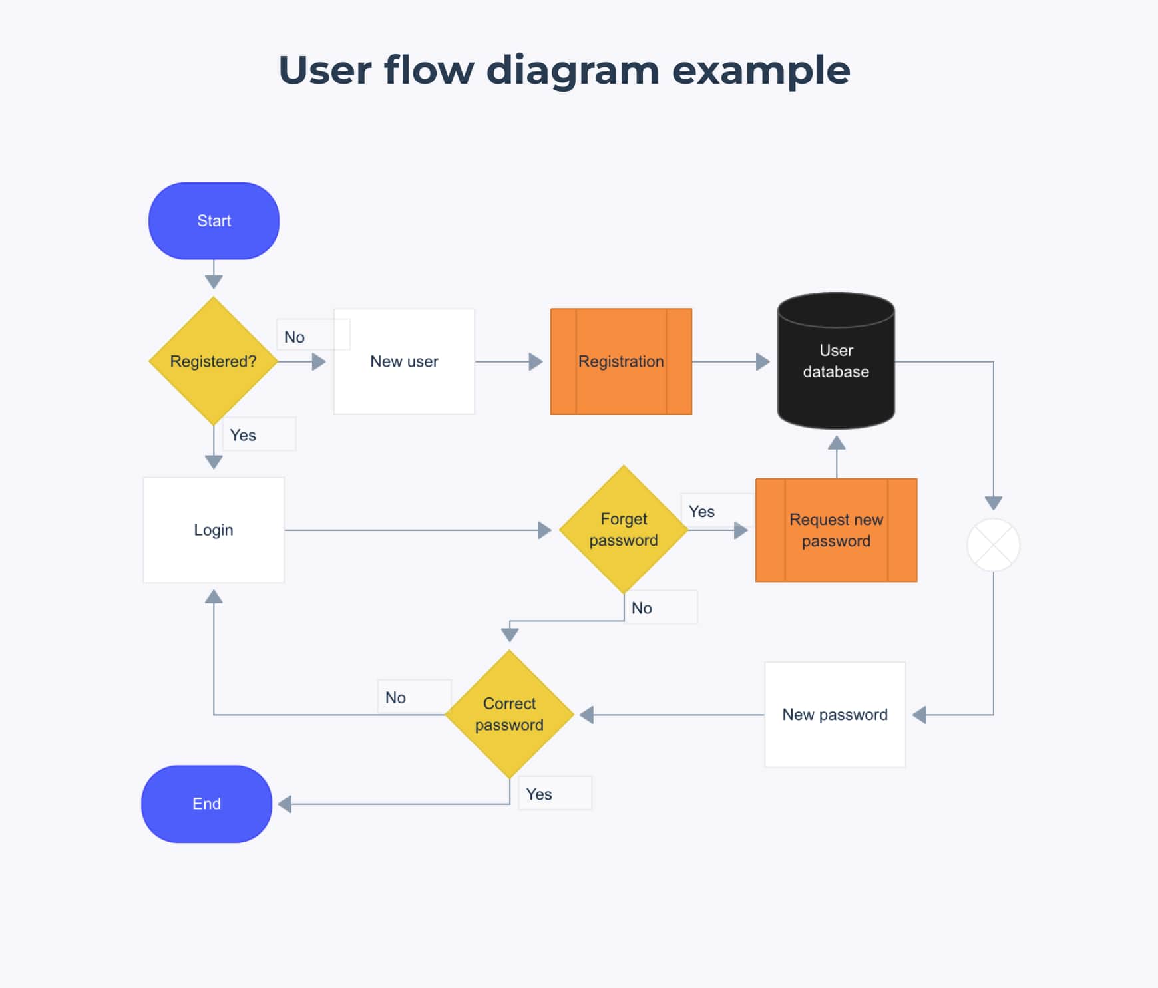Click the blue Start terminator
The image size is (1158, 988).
pos(214,221)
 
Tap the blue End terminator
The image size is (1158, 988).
pos(206,804)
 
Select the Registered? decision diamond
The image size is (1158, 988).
pos(213,361)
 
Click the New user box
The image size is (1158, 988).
pos(404,361)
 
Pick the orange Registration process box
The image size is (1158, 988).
pos(621,361)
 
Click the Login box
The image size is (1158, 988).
pos(214,530)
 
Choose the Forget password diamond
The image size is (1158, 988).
pos(624,530)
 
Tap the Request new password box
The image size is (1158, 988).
pos(836,530)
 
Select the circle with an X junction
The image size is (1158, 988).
pos(993,545)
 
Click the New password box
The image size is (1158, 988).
pos(835,715)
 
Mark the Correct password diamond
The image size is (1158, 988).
pos(509,714)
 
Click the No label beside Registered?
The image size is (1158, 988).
pos(295,337)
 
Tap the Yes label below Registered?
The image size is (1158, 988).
pos(243,435)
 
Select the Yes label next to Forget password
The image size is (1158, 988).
pos(701,512)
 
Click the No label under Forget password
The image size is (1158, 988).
pos(642,608)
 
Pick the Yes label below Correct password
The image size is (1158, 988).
pos(539,794)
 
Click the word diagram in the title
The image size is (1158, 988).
pos(573,71)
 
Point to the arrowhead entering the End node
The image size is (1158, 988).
pos(285,804)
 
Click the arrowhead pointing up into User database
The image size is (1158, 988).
pos(837,443)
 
